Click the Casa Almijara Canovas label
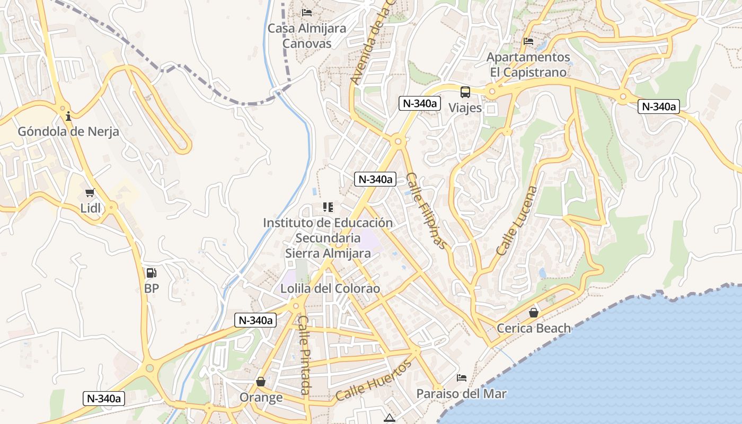point(307,36)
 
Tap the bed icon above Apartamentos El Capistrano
point(528,41)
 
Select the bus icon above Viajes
point(465,92)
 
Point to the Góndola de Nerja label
point(68,131)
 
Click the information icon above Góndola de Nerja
point(68,116)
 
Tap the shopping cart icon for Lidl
point(90,192)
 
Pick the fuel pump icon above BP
point(151,273)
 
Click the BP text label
point(151,289)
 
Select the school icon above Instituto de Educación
point(328,207)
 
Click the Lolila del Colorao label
point(330,289)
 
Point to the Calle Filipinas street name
point(427,210)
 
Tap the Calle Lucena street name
point(517,220)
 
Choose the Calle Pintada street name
point(304,355)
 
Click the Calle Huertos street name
point(374,381)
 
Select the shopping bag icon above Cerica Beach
point(534,313)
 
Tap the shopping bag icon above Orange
point(261,382)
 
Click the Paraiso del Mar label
point(461,394)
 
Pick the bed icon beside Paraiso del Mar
point(462,378)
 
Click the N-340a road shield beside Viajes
point(419,103)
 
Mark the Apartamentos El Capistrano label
point(528,64)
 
